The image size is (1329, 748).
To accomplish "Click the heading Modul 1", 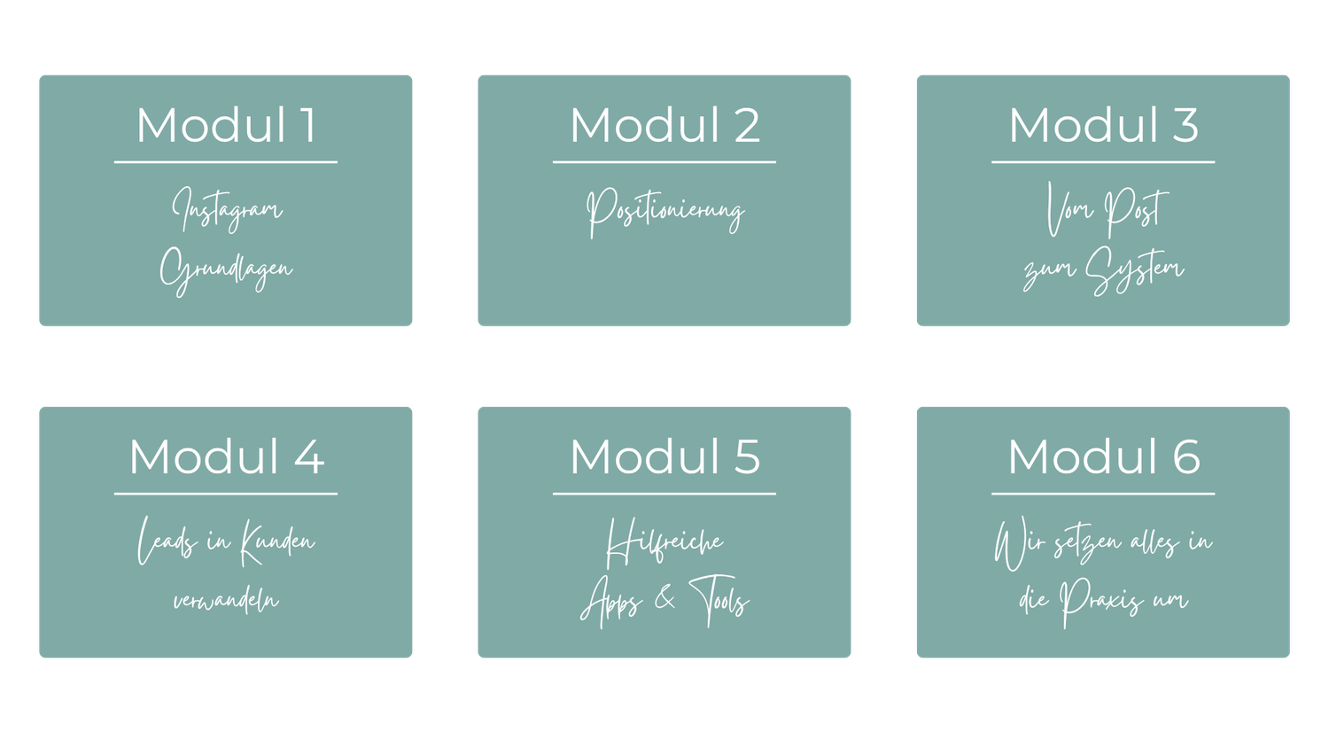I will point(226,125).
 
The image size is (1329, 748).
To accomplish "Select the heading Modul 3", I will point(1103,125).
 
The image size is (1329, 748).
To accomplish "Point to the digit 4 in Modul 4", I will point(308,457).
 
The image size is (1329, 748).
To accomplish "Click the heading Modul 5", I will point(664,457).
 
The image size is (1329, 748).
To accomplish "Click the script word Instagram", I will point(227,210).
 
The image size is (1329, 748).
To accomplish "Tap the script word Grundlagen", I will point(226,269).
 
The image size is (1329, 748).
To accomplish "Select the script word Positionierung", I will point(664,212).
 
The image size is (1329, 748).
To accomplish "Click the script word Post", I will point(1135,211).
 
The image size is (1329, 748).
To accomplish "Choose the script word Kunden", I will point(277,542).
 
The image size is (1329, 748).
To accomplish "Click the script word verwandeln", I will point(226,601).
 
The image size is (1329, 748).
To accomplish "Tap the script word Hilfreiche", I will point(664,542).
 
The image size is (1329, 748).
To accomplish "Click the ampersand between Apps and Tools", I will point(664,600).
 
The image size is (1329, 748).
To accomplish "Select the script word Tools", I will point(719,601).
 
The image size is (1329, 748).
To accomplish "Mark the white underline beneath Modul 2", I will point(664,162).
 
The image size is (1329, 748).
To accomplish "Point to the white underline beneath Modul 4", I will point(226,494).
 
